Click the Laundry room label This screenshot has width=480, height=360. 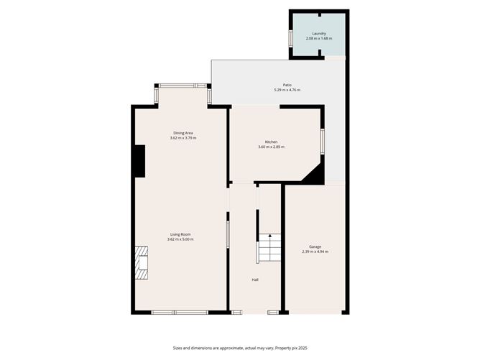tap(318, 33)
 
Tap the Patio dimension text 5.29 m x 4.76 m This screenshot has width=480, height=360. tap(287, 90)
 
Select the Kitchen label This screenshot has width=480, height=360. tap(271, 142)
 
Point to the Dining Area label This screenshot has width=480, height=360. tap(183, 133)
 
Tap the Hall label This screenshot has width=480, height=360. tap(254, 280)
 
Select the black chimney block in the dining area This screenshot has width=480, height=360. tap(139, 161)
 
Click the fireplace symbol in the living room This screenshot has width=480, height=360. tap(142, 262)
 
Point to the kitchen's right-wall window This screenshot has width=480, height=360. tap(322, 141)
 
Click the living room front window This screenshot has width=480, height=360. tap(180, 312)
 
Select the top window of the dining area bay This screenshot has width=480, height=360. tap(183, 86)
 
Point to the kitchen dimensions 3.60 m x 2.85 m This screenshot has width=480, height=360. tap(271, 147)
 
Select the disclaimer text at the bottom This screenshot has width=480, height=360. tap(239, 348)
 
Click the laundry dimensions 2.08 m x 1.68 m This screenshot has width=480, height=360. tap(318, 38)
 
